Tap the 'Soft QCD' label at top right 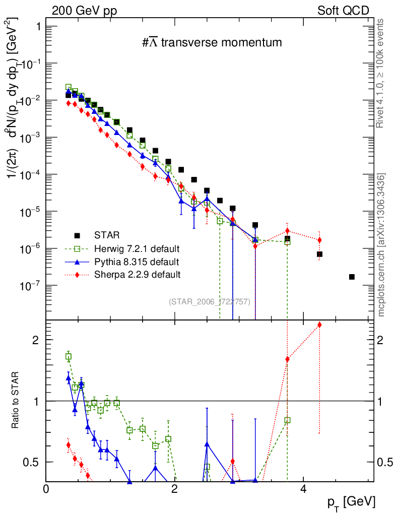[x=343, y=11]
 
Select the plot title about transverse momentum [x=212, y=43]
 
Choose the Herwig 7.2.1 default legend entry [x=137, y=248]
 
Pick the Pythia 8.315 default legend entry [x=136, y=262]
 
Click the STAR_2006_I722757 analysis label [x=209, y=301]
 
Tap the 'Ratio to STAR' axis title [x=16, y=401]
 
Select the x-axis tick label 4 [x=303, y=489]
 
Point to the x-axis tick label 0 [x=46, y=489]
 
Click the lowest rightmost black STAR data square [x=352, y=277]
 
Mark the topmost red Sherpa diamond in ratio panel [x=319, y=325]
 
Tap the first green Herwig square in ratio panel [x=69, y=356]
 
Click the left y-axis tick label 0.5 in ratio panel [x=34, y=462]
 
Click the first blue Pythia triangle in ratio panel [x=69, y=377]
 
